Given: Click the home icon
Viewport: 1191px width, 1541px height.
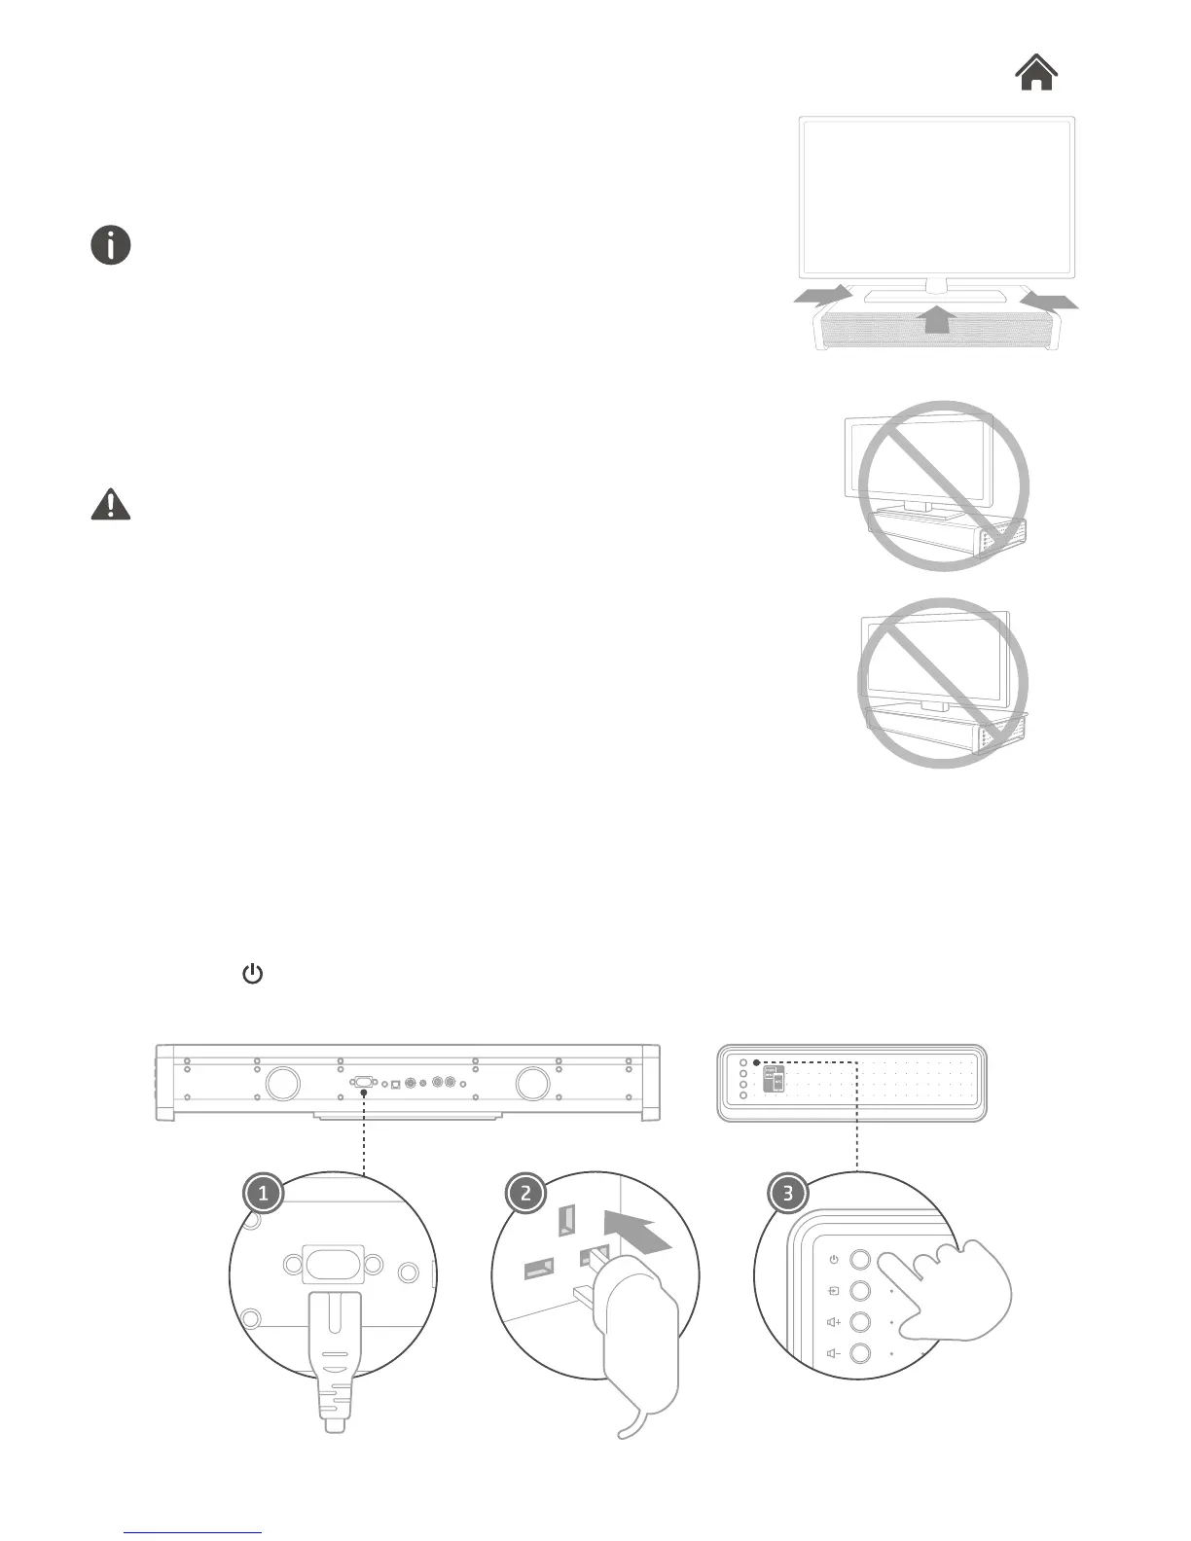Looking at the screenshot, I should tap(1037, 73).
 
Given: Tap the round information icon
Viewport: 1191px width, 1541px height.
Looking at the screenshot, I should tap(111, 245).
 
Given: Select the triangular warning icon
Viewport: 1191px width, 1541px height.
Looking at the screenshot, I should tap(111, 504).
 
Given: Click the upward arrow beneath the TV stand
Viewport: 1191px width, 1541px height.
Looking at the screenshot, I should tap(936, 318).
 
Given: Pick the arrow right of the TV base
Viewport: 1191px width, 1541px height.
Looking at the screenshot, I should tap(1050, 300).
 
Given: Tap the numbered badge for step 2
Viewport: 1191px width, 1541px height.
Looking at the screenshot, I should tap(526, 1193).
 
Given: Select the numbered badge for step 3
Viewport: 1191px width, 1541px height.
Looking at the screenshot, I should tap(788, 1193).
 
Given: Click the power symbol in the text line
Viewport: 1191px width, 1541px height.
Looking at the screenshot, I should tap(252, 974).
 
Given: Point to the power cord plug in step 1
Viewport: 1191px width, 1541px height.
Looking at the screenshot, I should tap(334, 1352).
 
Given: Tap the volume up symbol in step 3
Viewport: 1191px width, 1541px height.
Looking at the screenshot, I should tap(833, 1322).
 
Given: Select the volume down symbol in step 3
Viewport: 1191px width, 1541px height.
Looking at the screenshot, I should tap(833, 1353).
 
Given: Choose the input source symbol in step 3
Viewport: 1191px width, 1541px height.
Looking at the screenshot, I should tap(833, 1291).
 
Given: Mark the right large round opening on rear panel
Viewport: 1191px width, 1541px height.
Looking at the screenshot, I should tap(533, 1082).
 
